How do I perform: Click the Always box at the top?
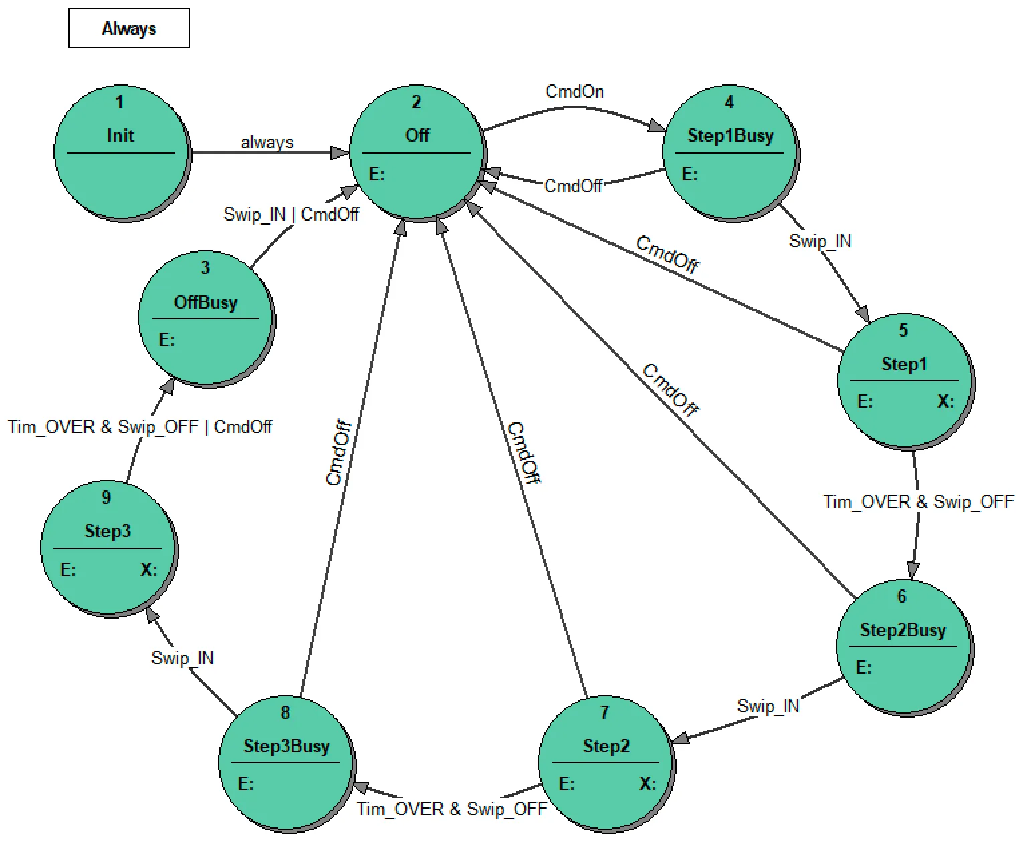pyautogui.click(x=128, y=28)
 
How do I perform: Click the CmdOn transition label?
pyautogui.click(x=574, y=92)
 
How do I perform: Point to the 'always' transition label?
pyautogui.click(x=267, y=142)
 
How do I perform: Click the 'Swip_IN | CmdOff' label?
pyautogui.click(x=291, y=215)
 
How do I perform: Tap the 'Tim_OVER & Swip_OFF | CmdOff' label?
pyautogui.click(x=140, y=427)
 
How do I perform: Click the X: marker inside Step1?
pyautogui.click(x=945, y=402)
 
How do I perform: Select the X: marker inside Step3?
pyautogui.click(x=148, y=570)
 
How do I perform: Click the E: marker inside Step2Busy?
pyautogui.click(x=863, y=668)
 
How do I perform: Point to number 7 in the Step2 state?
pyautogui.click(x=604, y=713)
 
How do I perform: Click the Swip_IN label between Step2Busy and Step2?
pyautogui.click(x=768, y=706)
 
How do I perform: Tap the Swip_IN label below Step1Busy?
pyautogui.click(x=820, y=241)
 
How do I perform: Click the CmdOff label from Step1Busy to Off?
pyautogui.click(x=573, y=186)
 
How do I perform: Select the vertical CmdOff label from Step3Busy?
pyautogui.click(x=338, y=453)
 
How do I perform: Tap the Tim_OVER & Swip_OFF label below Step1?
pyautogui.click(x=918, y=502)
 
